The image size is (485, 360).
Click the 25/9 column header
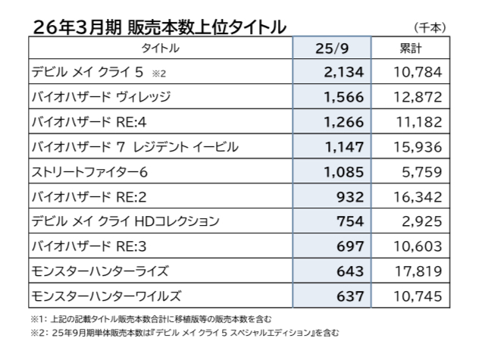click(331, 49)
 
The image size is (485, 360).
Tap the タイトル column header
click(161, 49)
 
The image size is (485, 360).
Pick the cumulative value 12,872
click(417, 97)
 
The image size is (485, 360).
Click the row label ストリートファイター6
click(89, 171)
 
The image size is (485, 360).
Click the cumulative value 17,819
click(417, 270)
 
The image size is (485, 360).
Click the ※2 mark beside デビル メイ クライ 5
click(158, 74)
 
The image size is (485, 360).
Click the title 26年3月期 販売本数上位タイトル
click(160, 27)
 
